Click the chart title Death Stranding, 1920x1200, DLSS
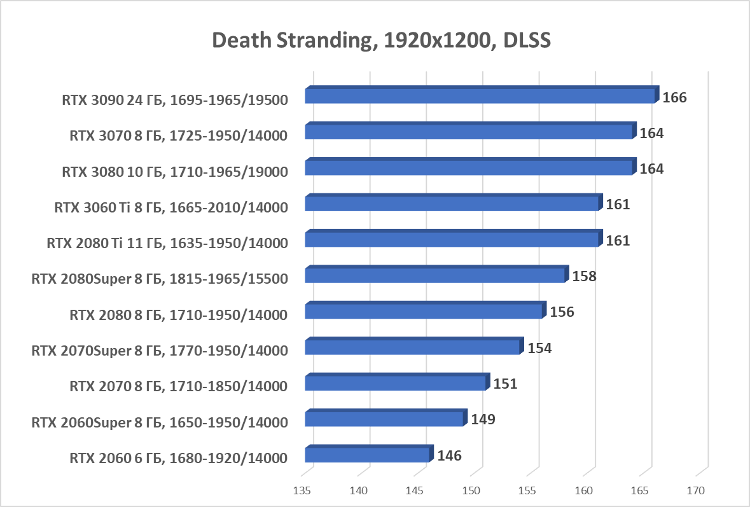(x=380, y=40)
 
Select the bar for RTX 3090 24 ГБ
(x=480, y=96)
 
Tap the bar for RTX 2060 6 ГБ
(x=367, y=455)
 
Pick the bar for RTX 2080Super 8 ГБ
(x=435, y=275)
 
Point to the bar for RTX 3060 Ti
(x=452, y=204)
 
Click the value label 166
(x=674, y=98)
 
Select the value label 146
(x=448, y=455)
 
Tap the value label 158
(x=584, y=277)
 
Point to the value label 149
(x=483, y=419)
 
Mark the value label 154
(x=539, y=349)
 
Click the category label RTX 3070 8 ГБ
(x=178, y=135)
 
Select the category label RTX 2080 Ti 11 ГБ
(x=167, y=243)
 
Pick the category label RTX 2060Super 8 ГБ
(x=160, y=422)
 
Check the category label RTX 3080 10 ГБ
(x=175, y=171)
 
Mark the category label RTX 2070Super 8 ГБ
(x=160, y=351)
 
